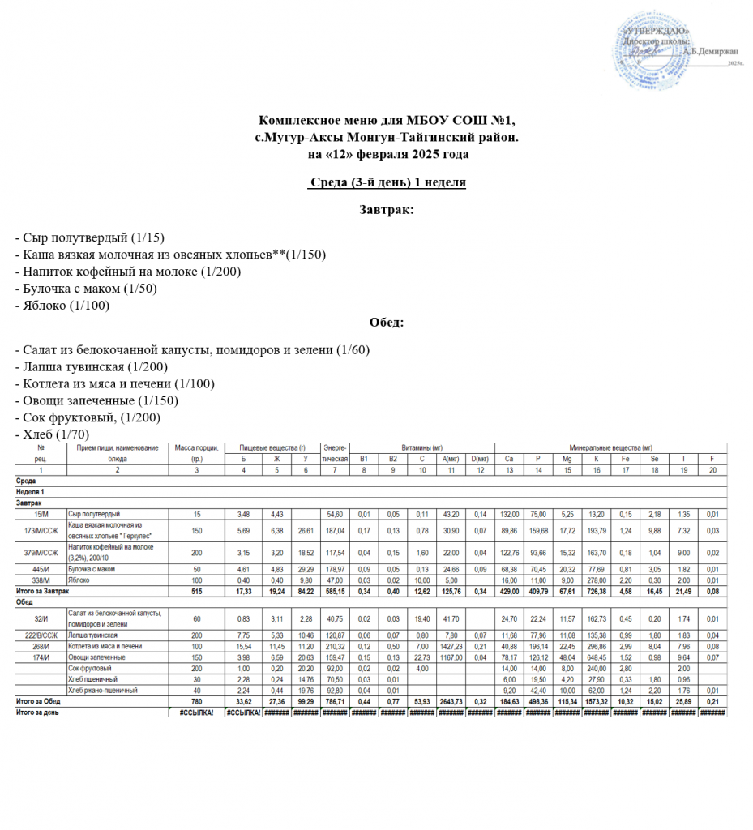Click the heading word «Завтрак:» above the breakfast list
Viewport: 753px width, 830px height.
tap(387, 210)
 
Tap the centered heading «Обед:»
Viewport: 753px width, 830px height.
tap(387, 323)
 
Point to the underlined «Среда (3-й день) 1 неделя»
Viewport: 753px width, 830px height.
tap(387, 182)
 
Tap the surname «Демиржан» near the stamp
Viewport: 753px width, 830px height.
tap(712, 50)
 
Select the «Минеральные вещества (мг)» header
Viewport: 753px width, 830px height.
tap(611, 447)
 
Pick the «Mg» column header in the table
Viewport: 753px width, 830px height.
tap(567, 459)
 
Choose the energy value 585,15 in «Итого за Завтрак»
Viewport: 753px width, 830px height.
tap(335, 591)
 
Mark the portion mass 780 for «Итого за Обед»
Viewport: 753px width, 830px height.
tap(195, 701)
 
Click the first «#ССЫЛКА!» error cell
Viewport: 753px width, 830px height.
tap(195, 712)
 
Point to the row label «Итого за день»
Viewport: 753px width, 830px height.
tap(38, 712)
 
